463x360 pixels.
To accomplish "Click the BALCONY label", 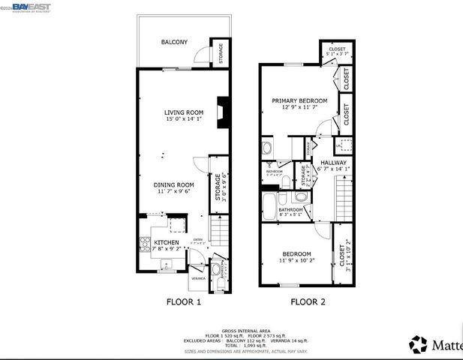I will [x=174, y=43].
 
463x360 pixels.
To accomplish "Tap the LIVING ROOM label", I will [x=184, y=112].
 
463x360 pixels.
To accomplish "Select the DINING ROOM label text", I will [x=174, y=184].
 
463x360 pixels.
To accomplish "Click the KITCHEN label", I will [x=166, y=243].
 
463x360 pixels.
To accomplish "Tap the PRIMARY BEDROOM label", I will [x=299, y=100].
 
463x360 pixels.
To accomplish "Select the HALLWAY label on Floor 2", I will [x=333, y=162].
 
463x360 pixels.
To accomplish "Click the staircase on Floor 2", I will [x=344, y=196].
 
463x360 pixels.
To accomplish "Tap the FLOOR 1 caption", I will [x=183, y=302].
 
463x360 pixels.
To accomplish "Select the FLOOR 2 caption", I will [x=308, y=302].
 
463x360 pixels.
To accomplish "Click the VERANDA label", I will [x=198, y=277].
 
